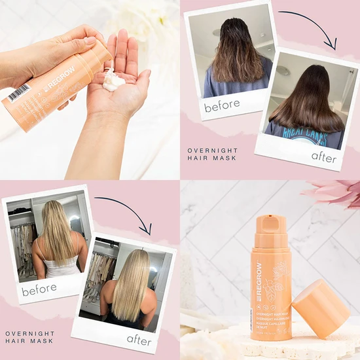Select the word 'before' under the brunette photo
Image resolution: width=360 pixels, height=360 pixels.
click(222, 105)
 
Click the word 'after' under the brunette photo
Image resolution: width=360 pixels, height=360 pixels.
click(323, 157)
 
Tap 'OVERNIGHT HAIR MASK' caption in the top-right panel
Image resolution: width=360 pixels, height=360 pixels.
click(212, 154)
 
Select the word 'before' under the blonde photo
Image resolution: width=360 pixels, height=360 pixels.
click(39, 289)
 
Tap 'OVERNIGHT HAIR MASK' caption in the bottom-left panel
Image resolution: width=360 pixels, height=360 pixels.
click(30, 337)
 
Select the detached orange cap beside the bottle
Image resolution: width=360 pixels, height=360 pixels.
click(321, 308)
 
